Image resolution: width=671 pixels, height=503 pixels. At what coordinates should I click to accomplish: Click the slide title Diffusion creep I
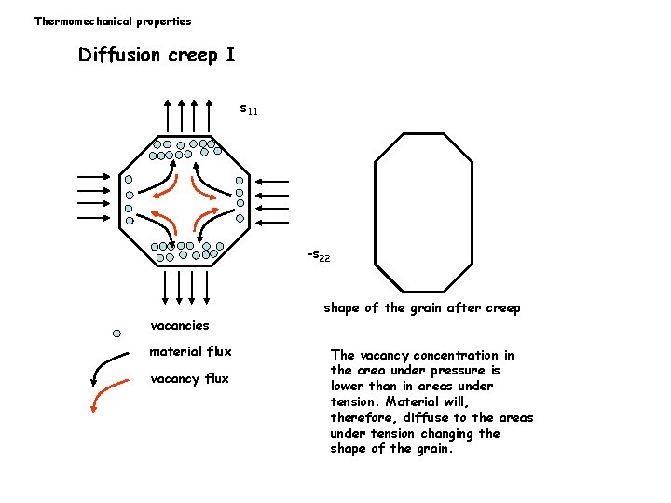click(x=157, y=55)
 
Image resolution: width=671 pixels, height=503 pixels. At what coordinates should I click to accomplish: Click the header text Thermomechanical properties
click(x=113, y=20)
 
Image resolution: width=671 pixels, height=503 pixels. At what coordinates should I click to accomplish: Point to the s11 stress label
click(x=249, y=110)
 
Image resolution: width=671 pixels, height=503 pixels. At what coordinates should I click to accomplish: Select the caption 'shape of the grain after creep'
click(x=421, y=307)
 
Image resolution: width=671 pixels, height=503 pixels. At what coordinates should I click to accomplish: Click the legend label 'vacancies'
click(x=180, y=325)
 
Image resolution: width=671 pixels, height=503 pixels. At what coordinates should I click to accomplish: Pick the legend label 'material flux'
click(x=190, y=351)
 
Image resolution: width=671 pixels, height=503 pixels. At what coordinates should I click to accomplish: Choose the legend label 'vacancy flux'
click(x=189, y=378)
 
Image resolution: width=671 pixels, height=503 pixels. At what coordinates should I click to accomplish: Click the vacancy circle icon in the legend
click(x=116, y=333)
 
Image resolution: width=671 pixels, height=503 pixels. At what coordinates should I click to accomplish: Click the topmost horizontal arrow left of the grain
click(x=96, y=173)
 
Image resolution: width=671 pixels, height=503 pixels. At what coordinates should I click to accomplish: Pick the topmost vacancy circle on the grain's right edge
click(x=240, y=181)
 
